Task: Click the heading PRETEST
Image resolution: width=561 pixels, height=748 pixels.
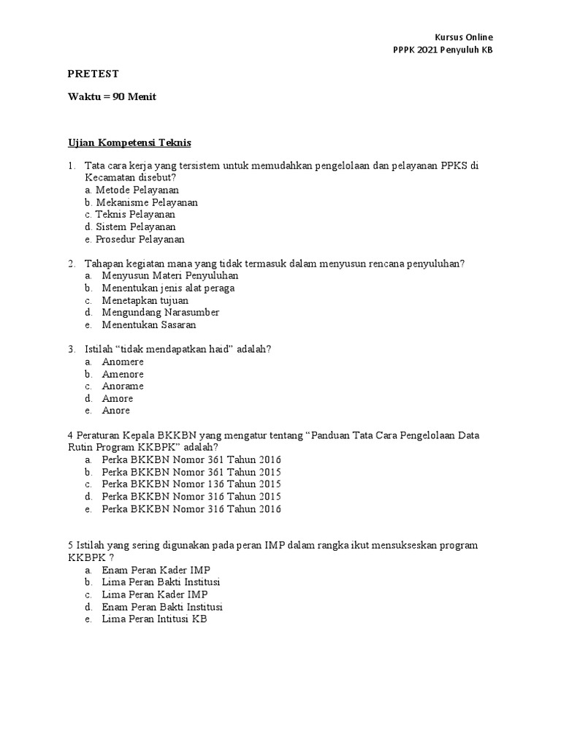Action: point(93,74)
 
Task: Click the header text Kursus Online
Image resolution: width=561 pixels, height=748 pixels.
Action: point(465,37)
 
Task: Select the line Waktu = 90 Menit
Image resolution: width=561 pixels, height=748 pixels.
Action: point(112,96)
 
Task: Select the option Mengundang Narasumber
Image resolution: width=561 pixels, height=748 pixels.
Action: point(161,313)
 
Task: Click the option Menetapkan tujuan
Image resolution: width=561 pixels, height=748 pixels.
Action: point(145,300)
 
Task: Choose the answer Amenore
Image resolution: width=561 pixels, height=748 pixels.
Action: point(123,374)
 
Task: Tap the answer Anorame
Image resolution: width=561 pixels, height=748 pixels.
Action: point(123,386)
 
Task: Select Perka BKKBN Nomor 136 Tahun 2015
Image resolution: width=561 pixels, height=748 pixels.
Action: point(191,484)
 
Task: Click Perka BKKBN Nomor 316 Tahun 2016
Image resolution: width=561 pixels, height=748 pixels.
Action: point(191,509)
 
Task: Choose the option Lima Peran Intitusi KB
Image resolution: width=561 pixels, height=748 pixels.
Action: point(155,619)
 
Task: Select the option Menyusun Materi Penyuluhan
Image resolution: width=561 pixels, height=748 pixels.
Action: point(170,276)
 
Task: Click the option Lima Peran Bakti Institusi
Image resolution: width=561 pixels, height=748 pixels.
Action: point(161,582)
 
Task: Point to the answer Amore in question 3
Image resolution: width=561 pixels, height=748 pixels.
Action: point(117,398)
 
